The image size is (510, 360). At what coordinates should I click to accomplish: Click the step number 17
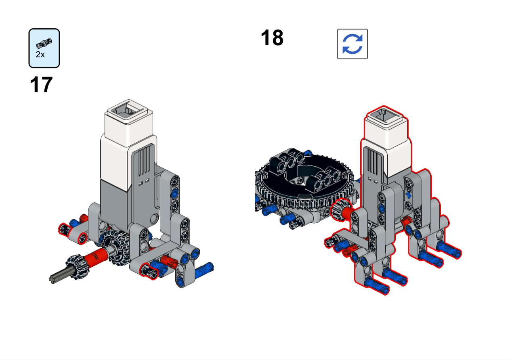[x=41, y=85]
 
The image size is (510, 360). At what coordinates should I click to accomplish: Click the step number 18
[x=272, y=38]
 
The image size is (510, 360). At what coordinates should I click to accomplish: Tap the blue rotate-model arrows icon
[x=352, y=44]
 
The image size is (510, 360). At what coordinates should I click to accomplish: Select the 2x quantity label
[x=40, y=54]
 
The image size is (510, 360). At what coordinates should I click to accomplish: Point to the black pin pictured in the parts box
[x=44, y=43]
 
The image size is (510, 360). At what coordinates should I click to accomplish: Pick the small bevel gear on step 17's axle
[x=77, y=266]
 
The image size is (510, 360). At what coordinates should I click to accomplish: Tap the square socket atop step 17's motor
[x=128, y=111]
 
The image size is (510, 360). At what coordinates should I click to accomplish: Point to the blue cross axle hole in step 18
[x=409, y=195]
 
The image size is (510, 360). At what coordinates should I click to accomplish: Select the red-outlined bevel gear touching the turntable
[x=338, y=209]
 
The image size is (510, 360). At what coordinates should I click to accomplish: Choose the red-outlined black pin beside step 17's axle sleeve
[x=148, y=271]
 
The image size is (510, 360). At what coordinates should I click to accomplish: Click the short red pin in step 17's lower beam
[x=169, y=261]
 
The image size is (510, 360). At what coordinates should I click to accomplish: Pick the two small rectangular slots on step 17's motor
[x=144, y=182]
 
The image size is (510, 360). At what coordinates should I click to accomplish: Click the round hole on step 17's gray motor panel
[x=155, y=218]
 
